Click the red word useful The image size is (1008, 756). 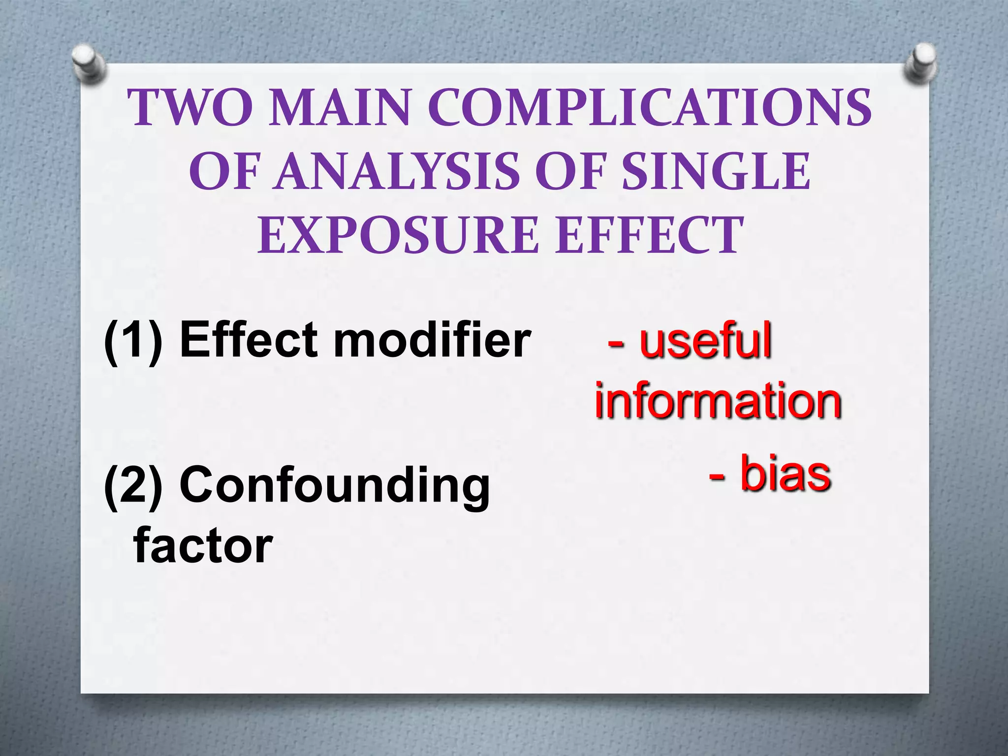pyautogui.click(x=705, y=340)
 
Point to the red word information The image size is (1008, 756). pyautogui.click(x=718, y=401)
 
